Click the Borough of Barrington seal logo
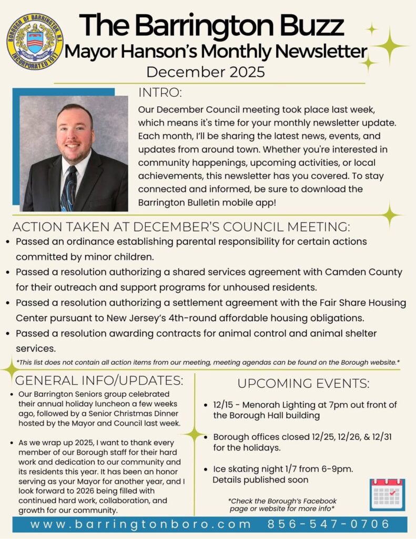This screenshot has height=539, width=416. [35, 42]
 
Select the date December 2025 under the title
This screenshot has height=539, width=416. [206, 72]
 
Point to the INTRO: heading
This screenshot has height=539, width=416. [160, 93]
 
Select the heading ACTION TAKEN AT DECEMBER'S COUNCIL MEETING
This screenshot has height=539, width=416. [180, 227]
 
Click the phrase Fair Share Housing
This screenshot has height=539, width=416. [361, 303]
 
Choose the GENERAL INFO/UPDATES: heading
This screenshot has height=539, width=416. [99, 380]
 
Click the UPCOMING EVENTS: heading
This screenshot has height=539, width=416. [303, 383]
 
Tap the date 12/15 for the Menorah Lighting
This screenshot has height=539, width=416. [225, 404]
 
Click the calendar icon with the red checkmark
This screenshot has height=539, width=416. [387, 494]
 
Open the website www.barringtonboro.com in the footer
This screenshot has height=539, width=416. [140, 524]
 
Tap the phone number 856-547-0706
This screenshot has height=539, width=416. [329, 524]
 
